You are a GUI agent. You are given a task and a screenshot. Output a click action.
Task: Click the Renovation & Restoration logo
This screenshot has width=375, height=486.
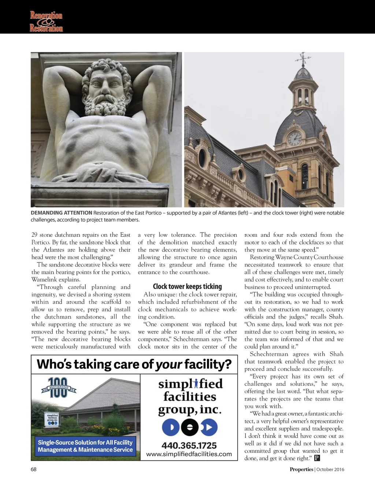(x=46, y=21)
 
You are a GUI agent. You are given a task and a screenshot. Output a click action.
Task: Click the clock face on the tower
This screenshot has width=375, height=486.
(x=294, y=138)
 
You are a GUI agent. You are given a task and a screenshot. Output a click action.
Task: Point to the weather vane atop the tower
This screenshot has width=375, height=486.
(x=303, y=59)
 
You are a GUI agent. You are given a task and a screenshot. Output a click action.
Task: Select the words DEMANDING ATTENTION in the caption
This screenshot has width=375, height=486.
(x=61, y=213)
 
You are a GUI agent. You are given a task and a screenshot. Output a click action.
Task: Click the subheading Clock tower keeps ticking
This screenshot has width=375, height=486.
(x=187, y=286)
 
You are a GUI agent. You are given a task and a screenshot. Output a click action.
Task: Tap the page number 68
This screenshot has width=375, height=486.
(x=34, y=470)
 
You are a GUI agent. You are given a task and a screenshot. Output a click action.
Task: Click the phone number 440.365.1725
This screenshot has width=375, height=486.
(x=189, y=445)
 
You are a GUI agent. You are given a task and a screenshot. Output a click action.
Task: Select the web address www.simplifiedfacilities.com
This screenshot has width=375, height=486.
(x=189, y=454)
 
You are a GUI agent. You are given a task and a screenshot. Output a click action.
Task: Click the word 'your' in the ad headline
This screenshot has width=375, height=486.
(x=169, y=364)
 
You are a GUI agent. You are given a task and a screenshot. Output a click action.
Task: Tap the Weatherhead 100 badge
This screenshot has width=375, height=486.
(x=58, y=388)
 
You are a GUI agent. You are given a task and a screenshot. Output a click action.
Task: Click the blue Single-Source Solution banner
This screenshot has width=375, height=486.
(x=85, y=446)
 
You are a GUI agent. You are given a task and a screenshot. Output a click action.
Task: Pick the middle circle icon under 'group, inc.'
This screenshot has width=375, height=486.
(x=189, y=428)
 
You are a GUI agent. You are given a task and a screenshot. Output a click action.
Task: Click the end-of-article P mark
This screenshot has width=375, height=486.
(x=317, y=458)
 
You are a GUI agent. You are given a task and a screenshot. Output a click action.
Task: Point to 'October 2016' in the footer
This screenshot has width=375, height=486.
(x=330, y=470)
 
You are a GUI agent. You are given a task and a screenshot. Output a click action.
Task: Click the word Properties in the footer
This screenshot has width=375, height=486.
(x=301, y=470)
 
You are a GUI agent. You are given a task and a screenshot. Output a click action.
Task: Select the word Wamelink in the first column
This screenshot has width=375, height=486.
(x=44, y=280)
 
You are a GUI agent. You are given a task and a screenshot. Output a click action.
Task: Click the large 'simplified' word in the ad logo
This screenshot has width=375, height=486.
(x=190, y=384)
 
